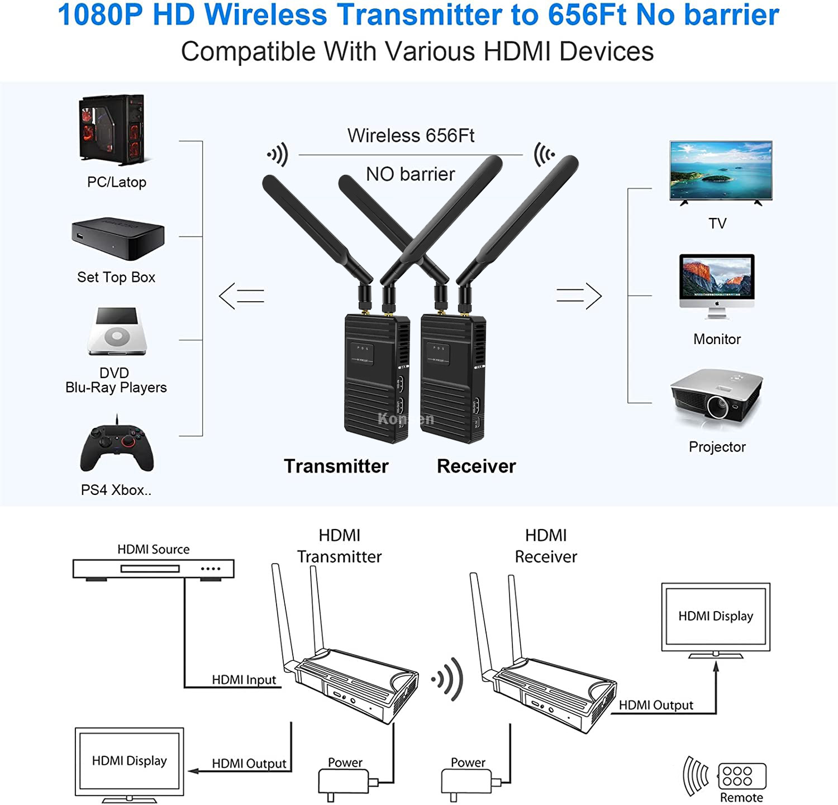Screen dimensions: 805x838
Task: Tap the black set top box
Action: tap(118, 238)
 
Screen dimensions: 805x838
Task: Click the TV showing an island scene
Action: tap(721, 171)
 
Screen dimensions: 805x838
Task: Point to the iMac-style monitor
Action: tap(717, 285)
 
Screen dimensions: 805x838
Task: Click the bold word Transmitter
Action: tap(336, 466)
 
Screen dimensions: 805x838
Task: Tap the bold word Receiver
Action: tap(476, 466)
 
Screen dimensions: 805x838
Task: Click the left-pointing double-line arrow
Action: tap(241, 296)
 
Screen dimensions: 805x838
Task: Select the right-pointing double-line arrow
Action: tap(579, 296)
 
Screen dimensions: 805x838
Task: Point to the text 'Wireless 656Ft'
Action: tap(411, 136)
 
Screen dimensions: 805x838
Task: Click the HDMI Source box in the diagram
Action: tap(153, 569)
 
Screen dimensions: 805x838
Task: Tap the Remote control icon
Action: tap(741, 776)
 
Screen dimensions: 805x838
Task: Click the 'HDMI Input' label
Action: tap(244, 680)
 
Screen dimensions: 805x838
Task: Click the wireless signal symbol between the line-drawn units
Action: tap(448, 679)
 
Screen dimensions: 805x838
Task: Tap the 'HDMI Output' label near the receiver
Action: tap(656, 705)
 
